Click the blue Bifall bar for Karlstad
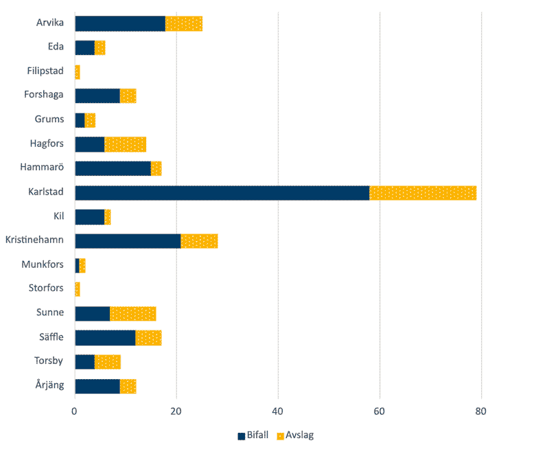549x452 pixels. click(x=222, y=193)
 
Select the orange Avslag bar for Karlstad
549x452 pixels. click(x=423, y=193)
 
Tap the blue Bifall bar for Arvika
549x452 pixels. click(x=120, y=23)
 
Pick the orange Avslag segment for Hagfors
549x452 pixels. click(x=125, y=144)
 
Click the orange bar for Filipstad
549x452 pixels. click(x=78, y=71)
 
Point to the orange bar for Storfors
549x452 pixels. click(x=78, y=289)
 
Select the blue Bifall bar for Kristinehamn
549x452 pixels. click(x=128, y=241)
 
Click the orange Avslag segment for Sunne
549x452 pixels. click(x=132, y=313)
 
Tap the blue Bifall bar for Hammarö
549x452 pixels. click(x=113, y=168)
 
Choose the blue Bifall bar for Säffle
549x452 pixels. click(x=105, y=337)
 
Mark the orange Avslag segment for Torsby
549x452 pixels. click(x=108, y=362)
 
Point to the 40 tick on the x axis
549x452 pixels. click(x=278, y=411)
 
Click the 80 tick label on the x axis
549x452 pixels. click(x=481, y=411)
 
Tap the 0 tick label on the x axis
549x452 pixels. click(x=75, y=411)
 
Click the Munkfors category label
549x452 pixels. click(x=43, y=265)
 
